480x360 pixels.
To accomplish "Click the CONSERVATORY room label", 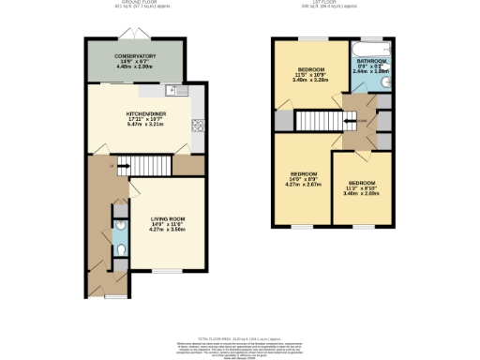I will point(136,56).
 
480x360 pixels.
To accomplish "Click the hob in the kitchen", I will point(198,126).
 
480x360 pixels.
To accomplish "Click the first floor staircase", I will point(318,119).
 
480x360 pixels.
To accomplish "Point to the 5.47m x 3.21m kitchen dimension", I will point(145,124).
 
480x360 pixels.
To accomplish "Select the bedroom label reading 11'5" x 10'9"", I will point(311,75).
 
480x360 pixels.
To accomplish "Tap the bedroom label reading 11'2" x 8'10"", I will point(362,188).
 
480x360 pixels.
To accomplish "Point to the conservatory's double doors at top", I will point(135,38).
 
